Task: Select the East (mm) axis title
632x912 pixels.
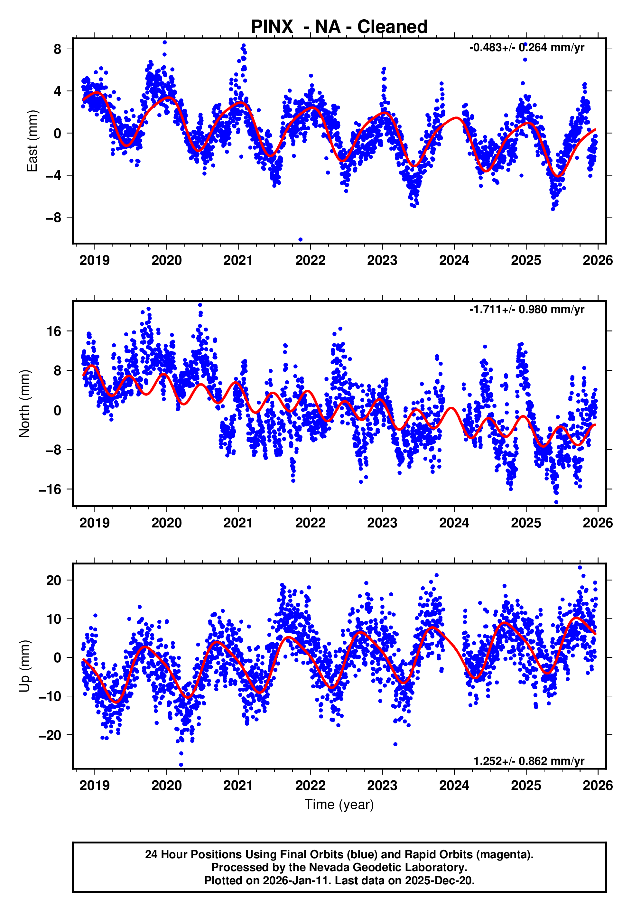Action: point(32,141)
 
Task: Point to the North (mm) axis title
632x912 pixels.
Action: point(24,404)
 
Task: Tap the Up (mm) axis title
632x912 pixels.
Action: point(24,666)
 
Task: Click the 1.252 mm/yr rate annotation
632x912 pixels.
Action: point(529,761)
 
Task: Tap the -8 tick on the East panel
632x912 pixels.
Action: point(53,218)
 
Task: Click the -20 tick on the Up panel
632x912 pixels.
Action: point(50,735)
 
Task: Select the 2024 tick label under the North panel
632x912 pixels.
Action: point(454,523)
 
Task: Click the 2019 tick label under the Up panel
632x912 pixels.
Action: point(94,786)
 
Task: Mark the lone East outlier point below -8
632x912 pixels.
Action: point(300,239)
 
